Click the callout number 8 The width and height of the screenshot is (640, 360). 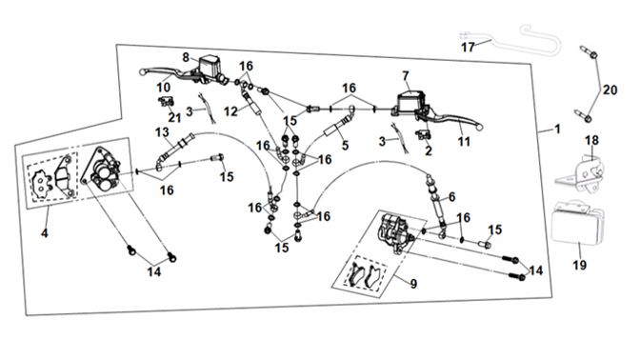tap(186, 57)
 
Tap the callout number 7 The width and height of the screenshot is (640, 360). tap(406, 76)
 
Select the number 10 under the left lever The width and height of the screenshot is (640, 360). tap(163, 88)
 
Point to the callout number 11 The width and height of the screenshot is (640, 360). tap(464, 142)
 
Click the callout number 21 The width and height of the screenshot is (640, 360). tap(174, 117)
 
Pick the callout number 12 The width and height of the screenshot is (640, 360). tap(230, 111)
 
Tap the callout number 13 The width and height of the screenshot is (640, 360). tap(162, 132)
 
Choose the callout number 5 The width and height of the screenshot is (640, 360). tap(346, 145)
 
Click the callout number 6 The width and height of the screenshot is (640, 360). tap(451, 197)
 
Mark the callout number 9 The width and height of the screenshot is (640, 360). tap(413, 284)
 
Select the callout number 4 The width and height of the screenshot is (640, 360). tap(45, 233)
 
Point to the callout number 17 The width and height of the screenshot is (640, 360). tap(468, 48)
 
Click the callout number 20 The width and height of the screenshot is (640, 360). tap(610, 90)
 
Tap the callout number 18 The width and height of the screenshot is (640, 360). tap(591, 141)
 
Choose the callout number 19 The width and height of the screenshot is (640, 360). tap(580, 266)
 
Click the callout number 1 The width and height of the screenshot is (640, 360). tap(557, 130)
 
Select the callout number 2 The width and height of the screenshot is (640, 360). tap(429, 151)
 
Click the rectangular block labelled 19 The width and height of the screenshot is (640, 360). tap(577, 223)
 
